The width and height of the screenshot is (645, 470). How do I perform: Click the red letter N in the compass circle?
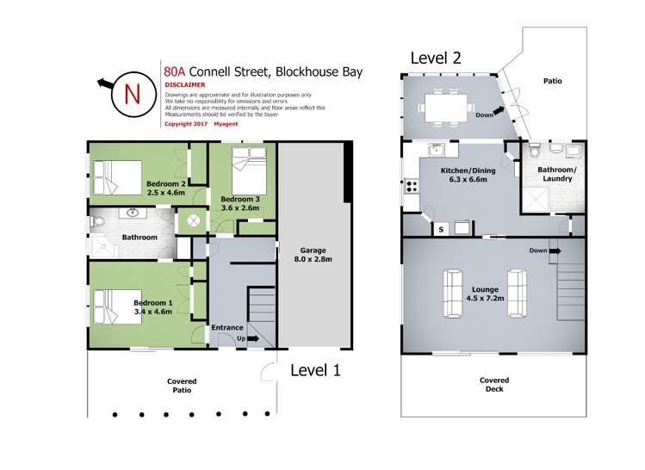(x=133, y=94)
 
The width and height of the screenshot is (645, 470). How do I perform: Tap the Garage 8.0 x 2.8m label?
(x=313, y=255)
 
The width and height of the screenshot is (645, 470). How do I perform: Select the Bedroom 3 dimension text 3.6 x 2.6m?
(x=240, y=208)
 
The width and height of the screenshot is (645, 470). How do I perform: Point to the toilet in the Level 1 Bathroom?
(x=98, y=222)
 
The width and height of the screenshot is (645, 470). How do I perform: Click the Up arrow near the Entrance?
(x=253, y=338)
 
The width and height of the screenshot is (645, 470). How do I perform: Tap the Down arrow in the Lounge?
(x=555, y=250)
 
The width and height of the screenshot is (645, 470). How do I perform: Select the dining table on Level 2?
(x=446, y=108)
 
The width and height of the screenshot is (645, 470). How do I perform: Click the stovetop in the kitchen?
(x=412, y=186)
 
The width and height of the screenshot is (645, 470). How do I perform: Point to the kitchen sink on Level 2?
(x=436, y=149)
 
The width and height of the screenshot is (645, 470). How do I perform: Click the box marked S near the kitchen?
(x=442, y=230)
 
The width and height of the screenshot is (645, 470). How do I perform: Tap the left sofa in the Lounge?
(x=451, y=293)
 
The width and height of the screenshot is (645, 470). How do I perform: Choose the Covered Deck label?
(x=494, y=385)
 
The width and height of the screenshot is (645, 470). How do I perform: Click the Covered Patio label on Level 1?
(x=182, y=386)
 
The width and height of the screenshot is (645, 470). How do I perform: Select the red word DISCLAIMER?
(x=184, y=84)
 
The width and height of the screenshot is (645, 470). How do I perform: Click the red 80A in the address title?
(x=175, y=71)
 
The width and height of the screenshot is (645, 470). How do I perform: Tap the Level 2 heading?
(x=436, y=58)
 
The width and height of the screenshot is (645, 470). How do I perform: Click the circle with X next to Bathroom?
(x=193, y=221)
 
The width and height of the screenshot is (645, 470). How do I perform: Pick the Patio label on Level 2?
(x=553, y=81)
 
